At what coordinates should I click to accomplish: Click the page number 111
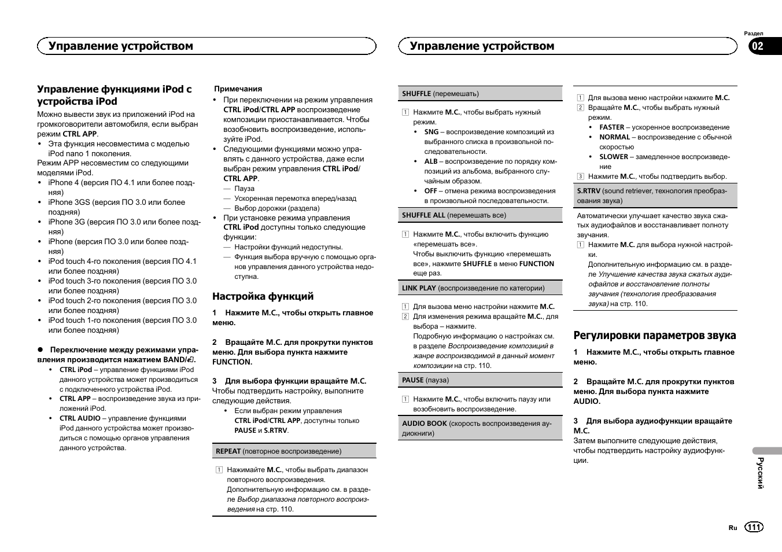(x=754, y=527)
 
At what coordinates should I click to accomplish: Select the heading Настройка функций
(x=263, y=296)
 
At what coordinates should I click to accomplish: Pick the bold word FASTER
(x=611, y=127)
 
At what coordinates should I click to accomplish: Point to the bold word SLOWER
(x=613, y=157)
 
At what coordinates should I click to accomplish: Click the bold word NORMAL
(x=614, y=137)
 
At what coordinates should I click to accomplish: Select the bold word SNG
(x=431, y=132)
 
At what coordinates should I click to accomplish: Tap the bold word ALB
(x=431, y=161)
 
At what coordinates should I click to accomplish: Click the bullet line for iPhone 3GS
(x=116, y=203)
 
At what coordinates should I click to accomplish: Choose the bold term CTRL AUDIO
(x=80, y=418)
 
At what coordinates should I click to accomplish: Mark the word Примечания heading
(x=238, y=89)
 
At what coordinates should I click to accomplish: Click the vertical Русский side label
(x=761, y=473)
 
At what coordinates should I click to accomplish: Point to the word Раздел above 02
(x=754, y=34)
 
